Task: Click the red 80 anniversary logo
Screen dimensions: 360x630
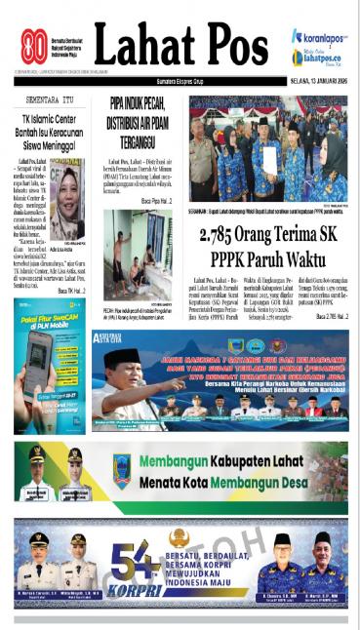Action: [x=34, y=46]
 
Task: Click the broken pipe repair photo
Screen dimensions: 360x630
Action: [x=138, y=248]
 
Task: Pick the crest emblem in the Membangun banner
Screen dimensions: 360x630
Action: [x=121, y=466]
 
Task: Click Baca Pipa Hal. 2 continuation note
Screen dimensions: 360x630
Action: [x=154, y=200]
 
